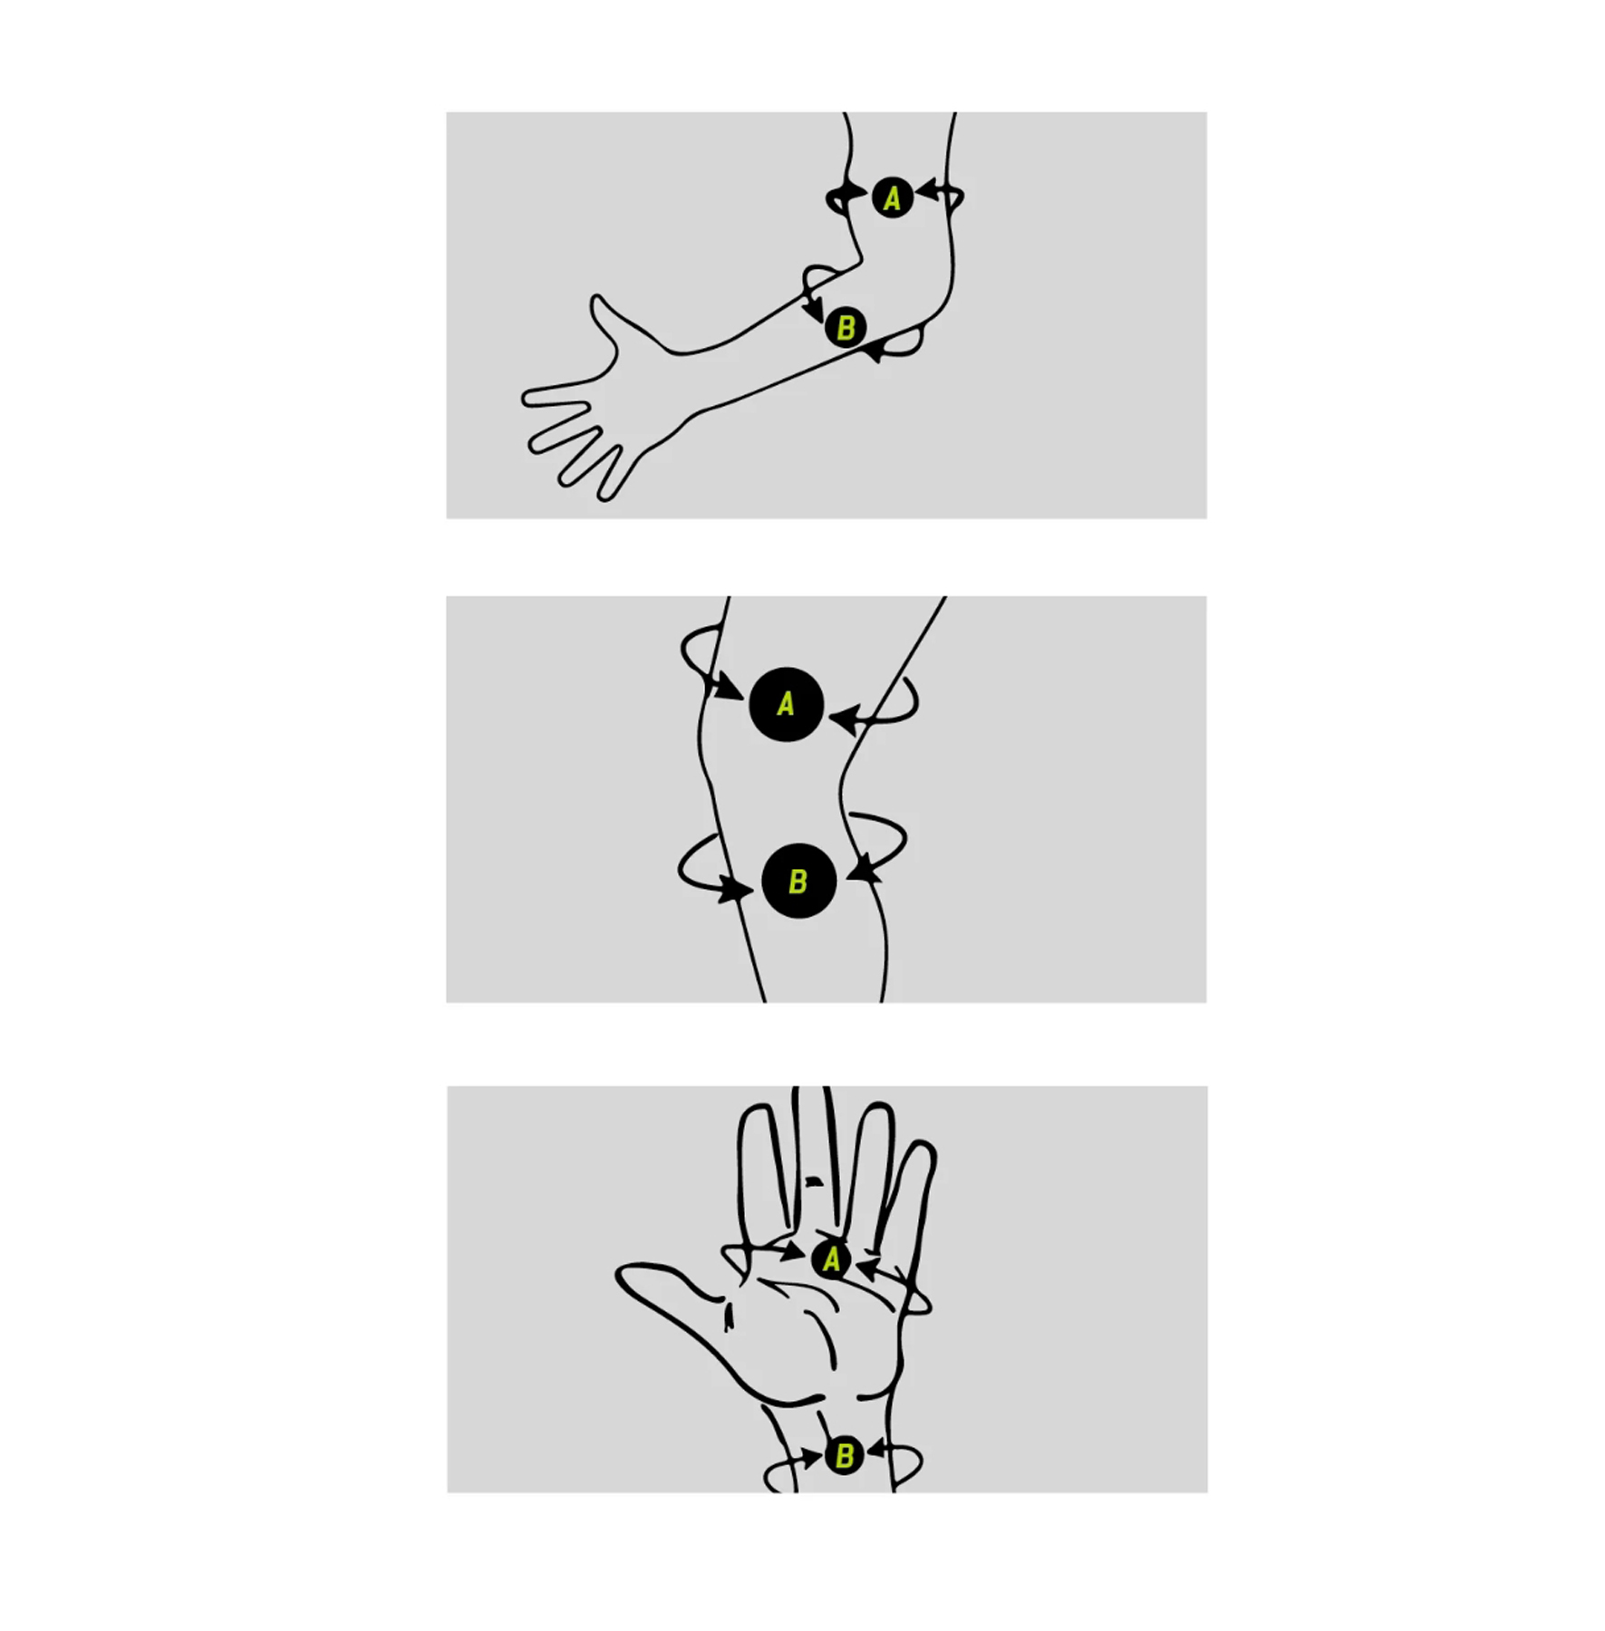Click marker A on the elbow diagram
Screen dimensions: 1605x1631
tap(892, 198)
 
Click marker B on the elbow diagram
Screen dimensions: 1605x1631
tap(846, 327)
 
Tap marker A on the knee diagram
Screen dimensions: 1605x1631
tap(786, 704)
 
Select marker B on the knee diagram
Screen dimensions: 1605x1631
tap(798, 881)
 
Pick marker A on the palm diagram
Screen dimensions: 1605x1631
tap(831, 1259)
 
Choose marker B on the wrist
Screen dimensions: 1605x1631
tap(844, 1455)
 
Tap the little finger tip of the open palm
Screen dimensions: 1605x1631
tap(924, 1148)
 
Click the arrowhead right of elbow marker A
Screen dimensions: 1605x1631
tap(926, 190)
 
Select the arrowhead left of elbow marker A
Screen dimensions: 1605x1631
tap(854, 195)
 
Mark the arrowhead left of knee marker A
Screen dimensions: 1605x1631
tap(730, 688)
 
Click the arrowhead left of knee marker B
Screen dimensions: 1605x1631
tap(737, 889)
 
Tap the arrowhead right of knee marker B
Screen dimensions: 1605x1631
tap(864, 867)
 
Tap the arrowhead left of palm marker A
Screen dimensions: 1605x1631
tap(793, 1252)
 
